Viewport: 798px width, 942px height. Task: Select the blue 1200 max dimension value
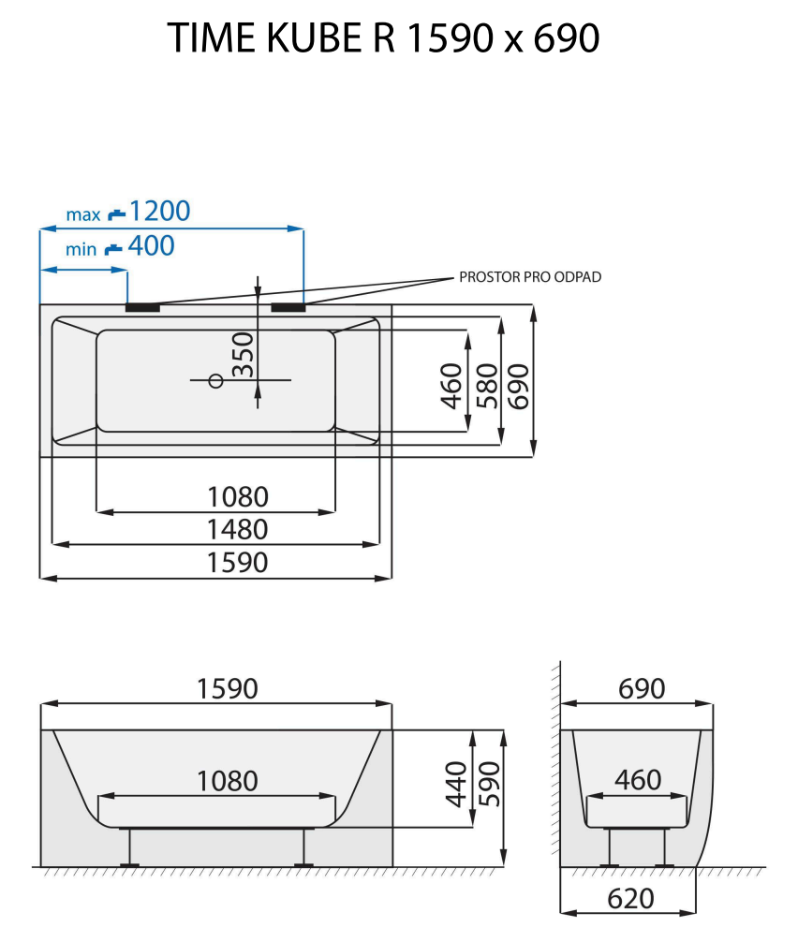tap(159, 211)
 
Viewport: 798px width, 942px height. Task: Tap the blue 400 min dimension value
tap(151, 246)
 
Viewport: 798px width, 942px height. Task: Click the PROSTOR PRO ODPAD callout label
tap(530, 277)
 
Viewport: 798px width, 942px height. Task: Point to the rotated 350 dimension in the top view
tap(243, 354)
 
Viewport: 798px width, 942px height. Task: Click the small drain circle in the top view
tap(215, 380)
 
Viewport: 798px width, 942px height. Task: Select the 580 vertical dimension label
tap(485, 385)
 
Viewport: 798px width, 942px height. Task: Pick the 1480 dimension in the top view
tap(238, 530)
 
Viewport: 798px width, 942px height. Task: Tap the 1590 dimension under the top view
tap(238, 563)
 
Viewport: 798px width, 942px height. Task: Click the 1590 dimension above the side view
tap(227, 689)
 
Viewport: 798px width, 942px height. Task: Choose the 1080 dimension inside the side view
tap(227, 780)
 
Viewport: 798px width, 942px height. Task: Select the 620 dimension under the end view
tap(630, 899)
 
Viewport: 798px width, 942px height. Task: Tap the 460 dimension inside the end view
tap(638, 779)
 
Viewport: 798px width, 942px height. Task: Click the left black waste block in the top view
tap(143, 306)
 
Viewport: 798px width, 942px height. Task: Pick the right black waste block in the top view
tap(288, 306)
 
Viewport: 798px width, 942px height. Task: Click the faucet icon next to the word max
tap(116, 214)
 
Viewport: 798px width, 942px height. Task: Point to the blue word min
tap(82, 250)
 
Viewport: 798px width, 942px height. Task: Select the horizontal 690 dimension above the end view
tap(642, 689)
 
